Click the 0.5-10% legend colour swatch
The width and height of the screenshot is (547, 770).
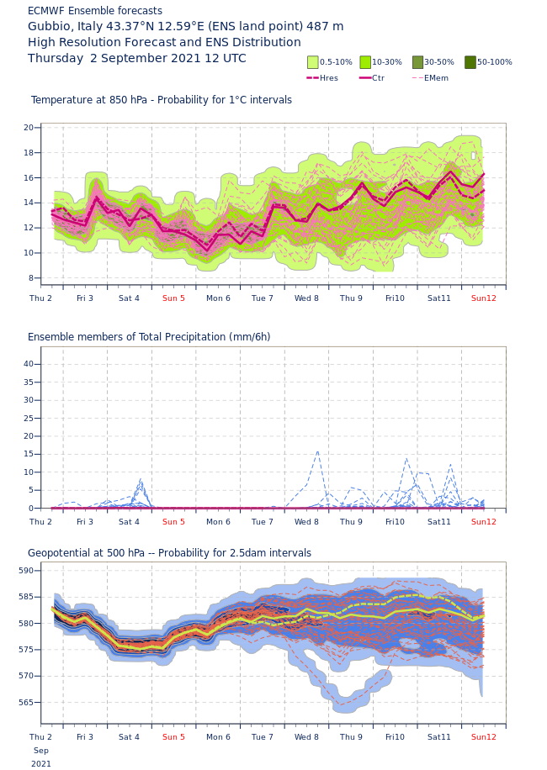pyautogui.click(x=313, y=62)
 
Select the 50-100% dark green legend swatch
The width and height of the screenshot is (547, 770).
pyautogui.click(x=470, y=62)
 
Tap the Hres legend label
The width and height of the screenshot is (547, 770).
pyautogui.click(x=329, y=78)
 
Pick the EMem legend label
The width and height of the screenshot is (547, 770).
pyautogui.click(x=436, y=78)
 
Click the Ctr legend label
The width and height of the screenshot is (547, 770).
pyautogui.click(x=378, y=78)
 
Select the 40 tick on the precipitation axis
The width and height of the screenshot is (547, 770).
pyautogui.click(x=29, y=364)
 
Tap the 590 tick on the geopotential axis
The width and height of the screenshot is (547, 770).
pyautogui.click(x=26, y=571)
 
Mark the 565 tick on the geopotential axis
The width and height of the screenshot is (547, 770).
pyautogui.click(x=26, y=703)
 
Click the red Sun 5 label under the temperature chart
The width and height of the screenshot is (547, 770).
pyautogui.click(x=173, y=298)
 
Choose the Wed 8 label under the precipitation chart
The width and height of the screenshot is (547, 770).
pyautogui.click(x=306, y=522)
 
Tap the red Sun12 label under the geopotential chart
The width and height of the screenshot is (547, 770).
pyautogui.click(x=484, y=737)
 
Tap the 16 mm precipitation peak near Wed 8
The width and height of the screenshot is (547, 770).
pyautogui.click(x=317, y=451)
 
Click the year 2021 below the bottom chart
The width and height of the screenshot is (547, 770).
pyautogui.click(x=41, y=764)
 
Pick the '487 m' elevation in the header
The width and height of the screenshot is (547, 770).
pyautogui.click(x=325, y=27)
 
